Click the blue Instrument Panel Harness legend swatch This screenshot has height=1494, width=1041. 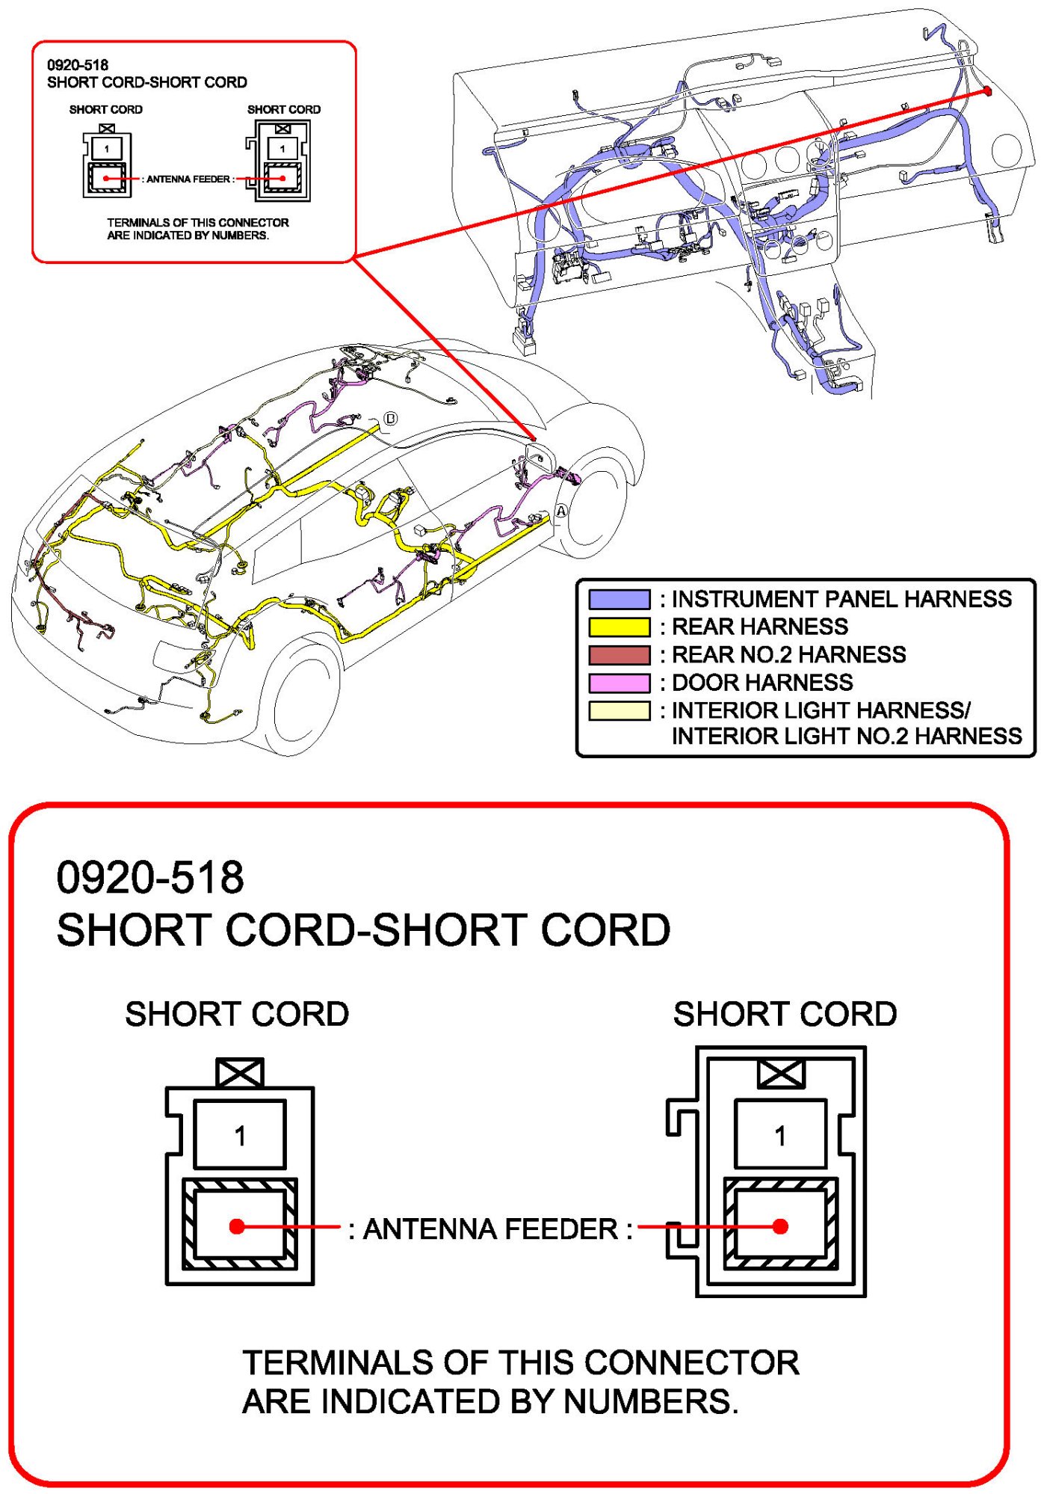tap(619, 599)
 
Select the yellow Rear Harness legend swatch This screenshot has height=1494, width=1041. tap(619, 627)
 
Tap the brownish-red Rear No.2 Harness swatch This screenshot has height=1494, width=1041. tap(619, 655)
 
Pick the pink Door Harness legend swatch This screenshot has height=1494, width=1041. tap(619, 683)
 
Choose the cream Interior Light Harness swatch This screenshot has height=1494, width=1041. tap(619, 710)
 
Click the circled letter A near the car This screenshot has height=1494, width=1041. tap(560, 511)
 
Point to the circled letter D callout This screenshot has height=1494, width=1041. tap(390, 419)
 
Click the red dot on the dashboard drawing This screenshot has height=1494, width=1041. tap(987, 91)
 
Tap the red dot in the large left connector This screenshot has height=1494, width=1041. tap(237, 1226)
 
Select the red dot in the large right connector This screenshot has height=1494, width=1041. tap(780, 1226)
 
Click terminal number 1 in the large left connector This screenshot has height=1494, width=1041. tap(240, 1136)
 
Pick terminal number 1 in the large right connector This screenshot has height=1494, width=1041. tap(780, 1136)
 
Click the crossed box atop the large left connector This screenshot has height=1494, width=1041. tap(240, 1073)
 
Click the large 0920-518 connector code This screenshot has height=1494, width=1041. tap(150, 877)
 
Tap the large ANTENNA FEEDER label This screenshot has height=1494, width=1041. tap(490, 1229)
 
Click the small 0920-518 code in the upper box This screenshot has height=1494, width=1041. tap(78, 65)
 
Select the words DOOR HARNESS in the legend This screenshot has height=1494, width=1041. tap(762, 683)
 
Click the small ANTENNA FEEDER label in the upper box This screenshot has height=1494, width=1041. tap(188, 179)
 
